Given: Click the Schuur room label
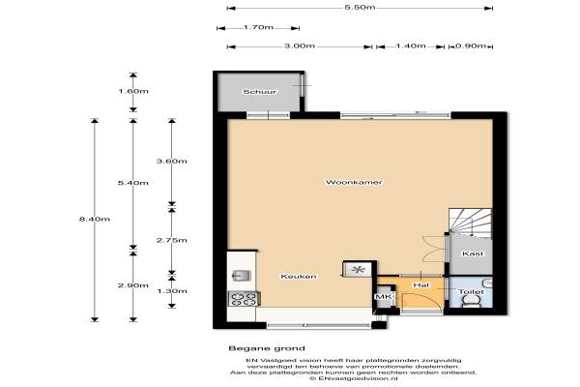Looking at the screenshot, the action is pos(260,92).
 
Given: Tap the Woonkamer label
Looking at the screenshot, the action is pos(354,182).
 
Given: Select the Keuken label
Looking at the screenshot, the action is pos(299,277).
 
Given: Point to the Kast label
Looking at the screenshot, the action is pos(473,253).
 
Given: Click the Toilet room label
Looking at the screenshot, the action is pos(471,292).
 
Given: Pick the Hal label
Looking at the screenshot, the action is pos(420,285).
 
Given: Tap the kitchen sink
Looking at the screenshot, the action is pos(241,276).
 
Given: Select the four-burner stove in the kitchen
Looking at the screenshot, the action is pos(244,299).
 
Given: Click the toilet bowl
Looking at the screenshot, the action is pos(472,303).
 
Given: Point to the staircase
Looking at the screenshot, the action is pos(470,223).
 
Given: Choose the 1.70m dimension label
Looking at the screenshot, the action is pos(258,27).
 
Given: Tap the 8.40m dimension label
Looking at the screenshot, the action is pos(95,220).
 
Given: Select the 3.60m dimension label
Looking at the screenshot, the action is pos(172,162).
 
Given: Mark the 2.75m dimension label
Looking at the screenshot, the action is pos(172,240).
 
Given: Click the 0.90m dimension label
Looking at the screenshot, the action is pos(471,46).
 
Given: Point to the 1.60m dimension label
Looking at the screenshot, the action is pos(133,91).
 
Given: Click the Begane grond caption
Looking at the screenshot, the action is pos(267,348).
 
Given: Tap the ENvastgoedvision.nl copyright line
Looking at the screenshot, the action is pos(353,379).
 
